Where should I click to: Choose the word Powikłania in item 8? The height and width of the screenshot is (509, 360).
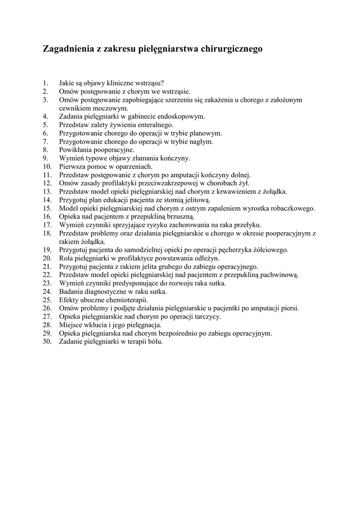pyautogui.click(x=75, y=150)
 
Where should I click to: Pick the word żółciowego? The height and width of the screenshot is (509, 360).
pyautogui.click(x=270, y=250)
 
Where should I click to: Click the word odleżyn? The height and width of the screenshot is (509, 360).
pyautogui.click(x=208, y=258)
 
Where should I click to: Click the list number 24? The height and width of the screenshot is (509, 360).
pyautogui.click(x=47, y=292)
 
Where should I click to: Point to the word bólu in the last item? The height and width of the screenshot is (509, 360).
pyautogui.click(x=155, y=342)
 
